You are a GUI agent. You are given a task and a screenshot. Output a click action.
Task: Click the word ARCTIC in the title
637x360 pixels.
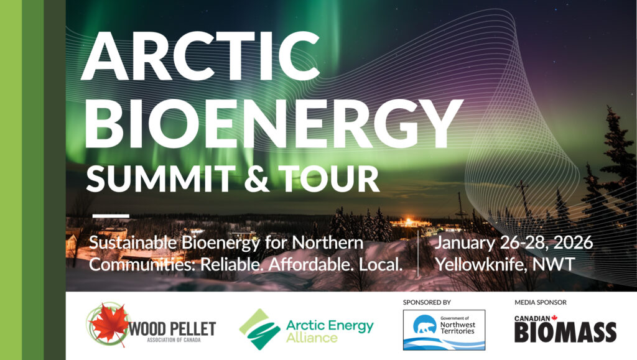pyautogui.click(x=200, y=55)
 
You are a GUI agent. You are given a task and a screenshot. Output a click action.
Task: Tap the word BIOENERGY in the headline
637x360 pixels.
pyautogui.click(x=273, y=123)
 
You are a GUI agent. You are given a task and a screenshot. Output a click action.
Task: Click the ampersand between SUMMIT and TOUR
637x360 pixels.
pyautogui.click(x=257, y=179)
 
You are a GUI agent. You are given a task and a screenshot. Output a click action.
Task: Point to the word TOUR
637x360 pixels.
pyautogui.click(x=329, y=178)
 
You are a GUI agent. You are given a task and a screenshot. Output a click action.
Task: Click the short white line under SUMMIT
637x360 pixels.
pyautogui.click(x=111, y=216)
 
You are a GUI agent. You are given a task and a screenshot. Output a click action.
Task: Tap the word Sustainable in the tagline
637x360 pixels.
pyautogui.click(x=133, y=242)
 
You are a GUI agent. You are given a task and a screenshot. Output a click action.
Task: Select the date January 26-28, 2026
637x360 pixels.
pyautogui.click(x=514, y=242)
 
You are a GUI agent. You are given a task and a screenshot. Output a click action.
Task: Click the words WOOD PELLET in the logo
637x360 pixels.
pyautogui.click(x=172, y=328)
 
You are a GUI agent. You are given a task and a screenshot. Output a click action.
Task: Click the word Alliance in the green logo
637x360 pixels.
pyautogui.click(x=312, y=338)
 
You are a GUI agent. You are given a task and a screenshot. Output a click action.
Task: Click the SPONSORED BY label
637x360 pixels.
pyautogui.click(x=427, y=302)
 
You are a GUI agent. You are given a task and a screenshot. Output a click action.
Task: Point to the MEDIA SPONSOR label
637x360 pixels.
pyautogui.click(x=541, y=302)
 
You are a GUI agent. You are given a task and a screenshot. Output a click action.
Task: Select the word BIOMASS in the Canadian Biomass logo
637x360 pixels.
pyautogui.click(x=565, y=333)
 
